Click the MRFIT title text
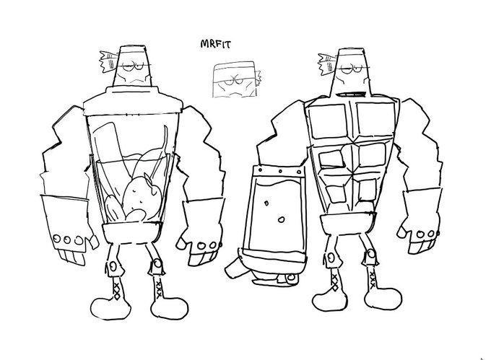215,44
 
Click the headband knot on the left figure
108,61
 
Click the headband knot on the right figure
327,63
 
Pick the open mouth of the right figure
350,94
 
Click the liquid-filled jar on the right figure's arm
273,214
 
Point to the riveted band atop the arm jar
278,172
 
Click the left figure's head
132,66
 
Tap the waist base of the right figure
347,224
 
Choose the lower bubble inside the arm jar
281,219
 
